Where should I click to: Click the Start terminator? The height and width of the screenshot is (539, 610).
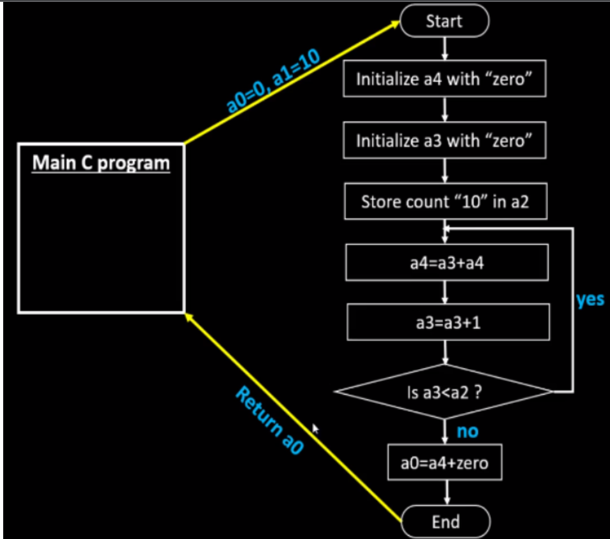444,21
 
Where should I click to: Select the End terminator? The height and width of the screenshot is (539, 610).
445,521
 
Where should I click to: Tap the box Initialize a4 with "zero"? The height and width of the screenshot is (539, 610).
444,80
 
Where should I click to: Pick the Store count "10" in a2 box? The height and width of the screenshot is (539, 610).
445,202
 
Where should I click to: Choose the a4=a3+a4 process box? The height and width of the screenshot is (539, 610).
447,263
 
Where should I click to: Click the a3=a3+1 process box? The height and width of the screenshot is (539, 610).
448,323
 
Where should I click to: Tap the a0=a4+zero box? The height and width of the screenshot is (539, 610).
444,462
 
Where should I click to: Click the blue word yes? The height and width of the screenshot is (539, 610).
590,300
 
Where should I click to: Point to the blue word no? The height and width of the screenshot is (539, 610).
467,432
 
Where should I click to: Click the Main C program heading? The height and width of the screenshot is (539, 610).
101,163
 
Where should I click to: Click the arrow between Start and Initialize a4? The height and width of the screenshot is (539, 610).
444,49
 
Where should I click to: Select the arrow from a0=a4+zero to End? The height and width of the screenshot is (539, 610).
446,492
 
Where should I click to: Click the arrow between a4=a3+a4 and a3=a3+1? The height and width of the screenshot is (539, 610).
446,292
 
